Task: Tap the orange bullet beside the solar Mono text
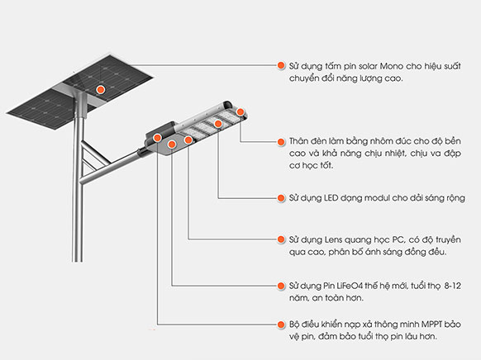[281, 63]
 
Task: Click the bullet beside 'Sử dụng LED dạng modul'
[281, 198]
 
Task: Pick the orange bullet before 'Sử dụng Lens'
[281, 239]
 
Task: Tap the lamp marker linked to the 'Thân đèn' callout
[240, 111]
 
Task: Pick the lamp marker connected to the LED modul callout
[219, 124]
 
